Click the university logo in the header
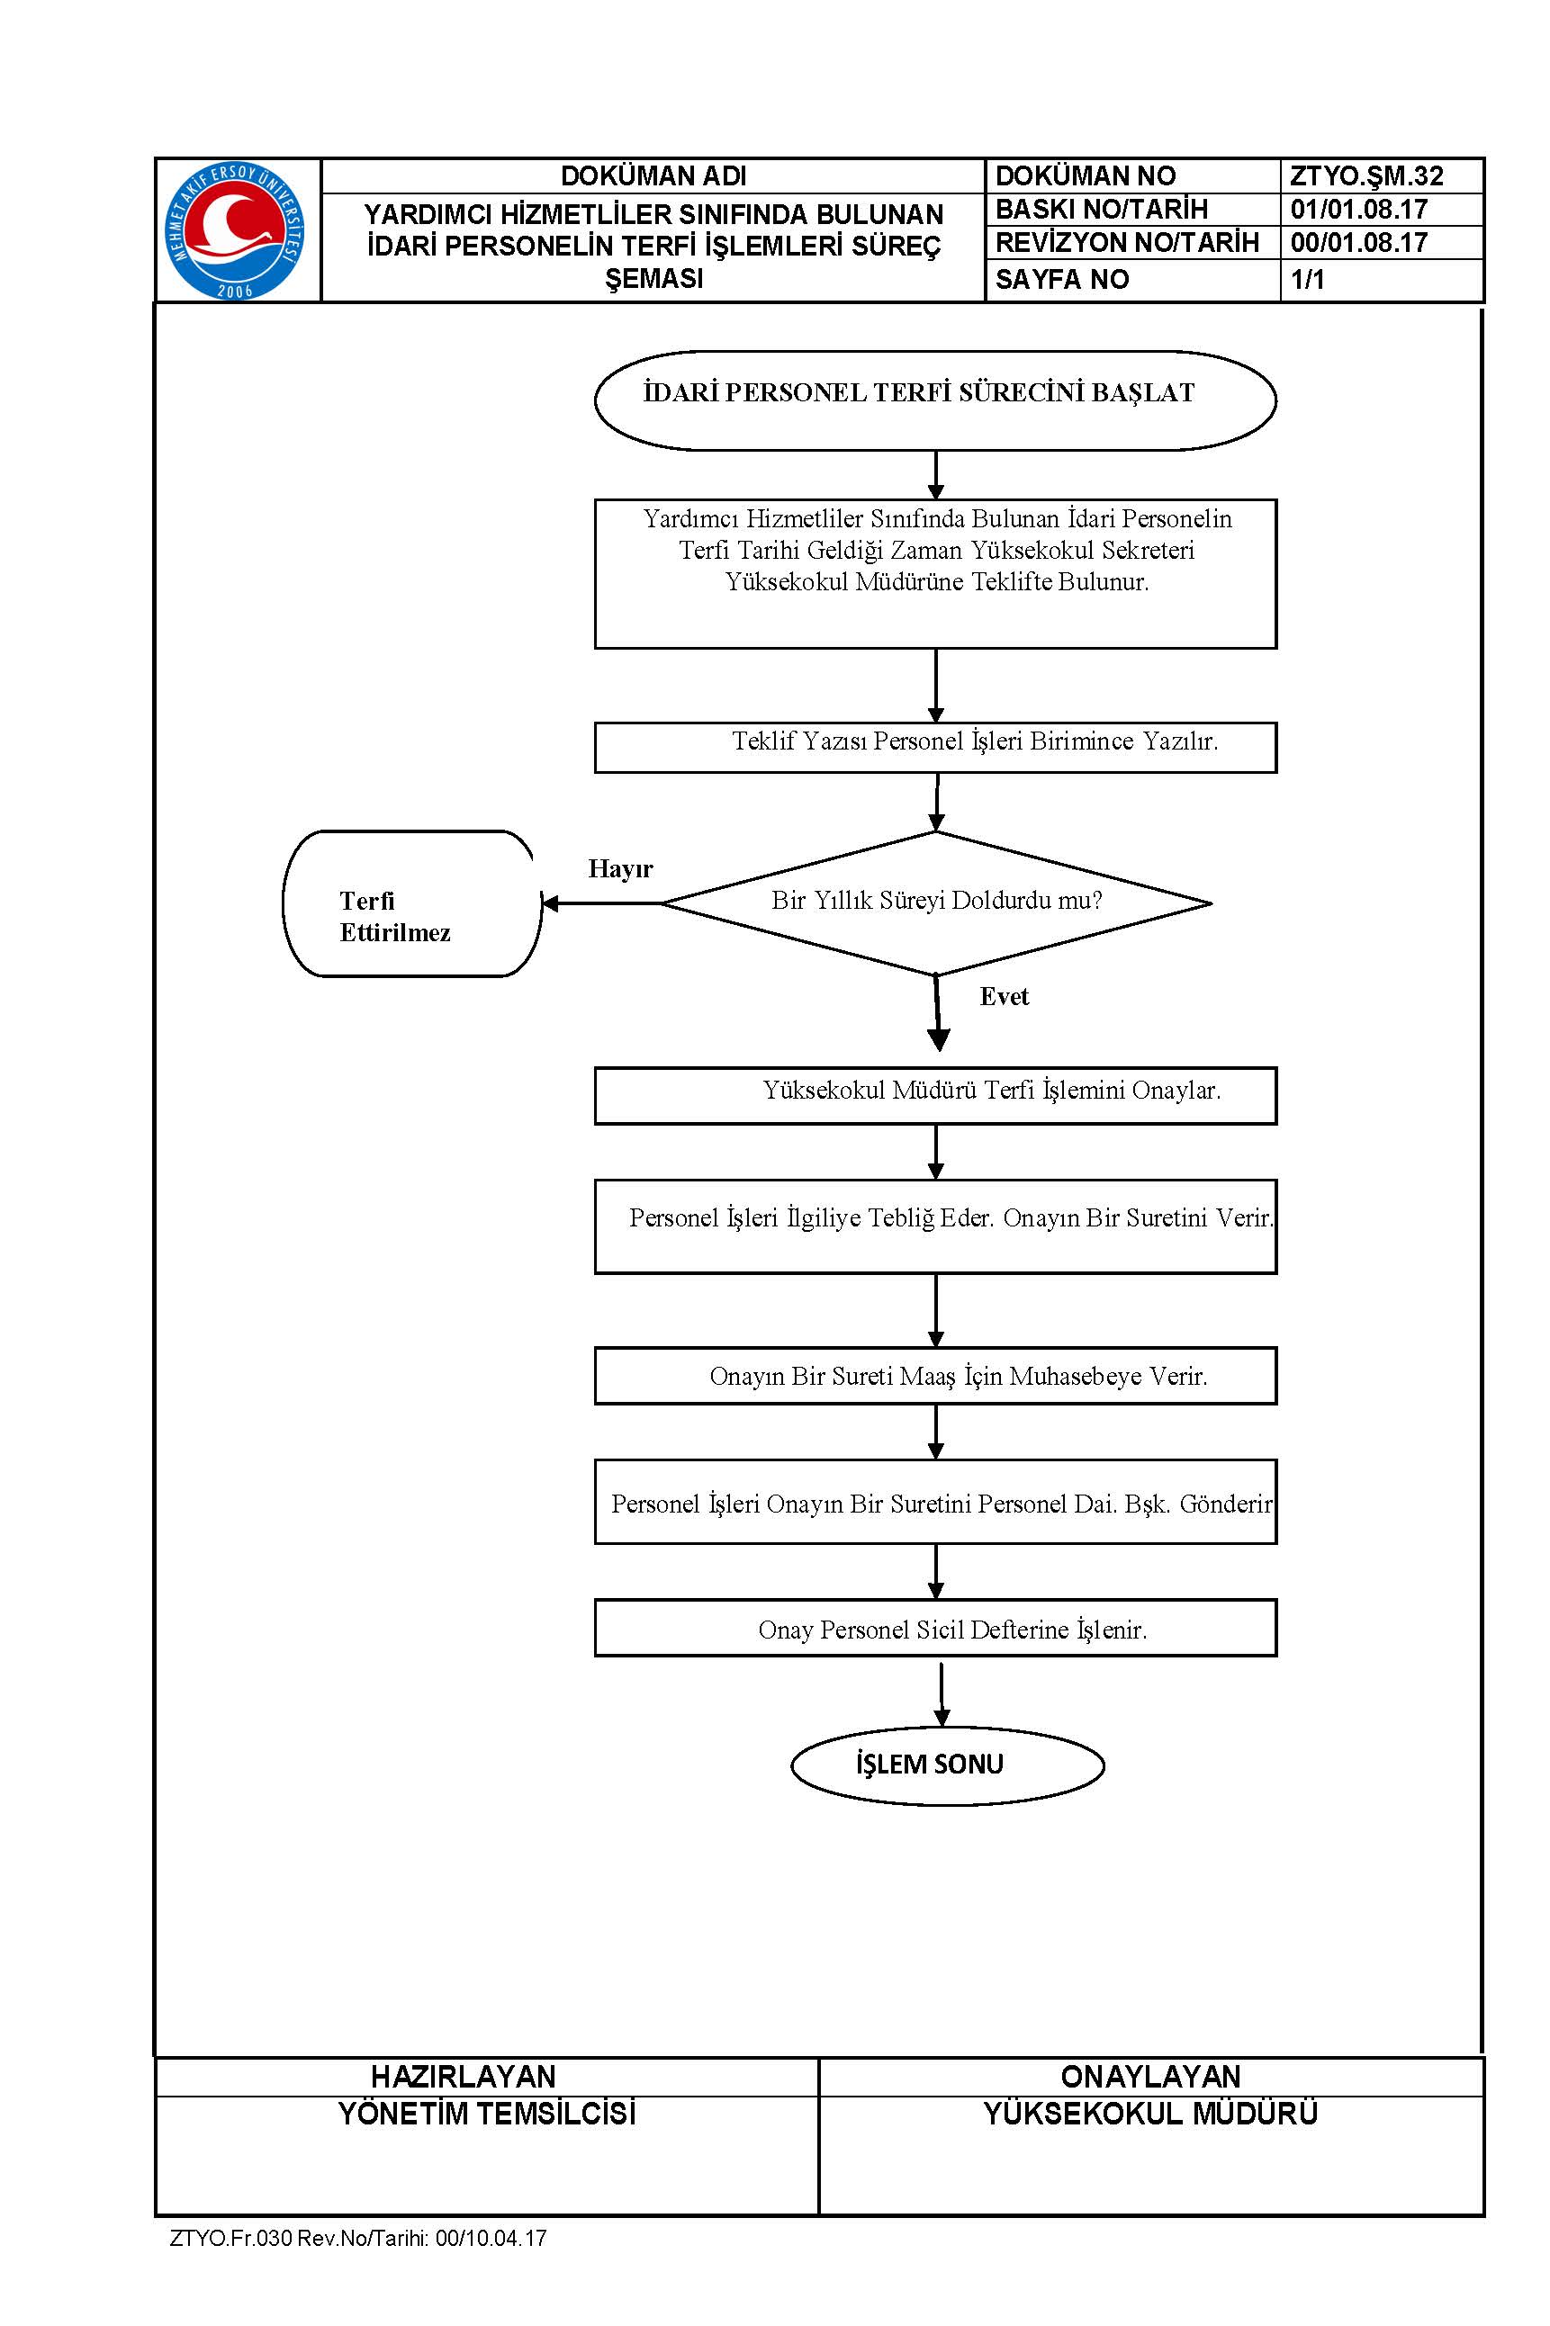(x=235, y=231)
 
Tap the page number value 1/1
(x=1307, y=280)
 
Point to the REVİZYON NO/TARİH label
(x=1127, y=243)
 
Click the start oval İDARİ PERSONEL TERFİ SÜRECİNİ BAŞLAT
(x=935, y=400)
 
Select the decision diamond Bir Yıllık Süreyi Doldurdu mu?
(x=936, y=903)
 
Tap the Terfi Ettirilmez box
(x=412, y=903)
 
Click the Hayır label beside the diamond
(x=621, y=868)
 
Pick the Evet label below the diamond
(x=1005, y=996)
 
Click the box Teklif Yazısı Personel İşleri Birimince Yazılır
(x=935, y=747)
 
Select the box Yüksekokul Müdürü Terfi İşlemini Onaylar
(x=935, y=1095)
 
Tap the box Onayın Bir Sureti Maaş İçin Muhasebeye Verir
(x=935, y=1376)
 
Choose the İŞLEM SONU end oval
(x=947, y=1765)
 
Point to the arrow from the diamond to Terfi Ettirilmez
(x=601, y=903)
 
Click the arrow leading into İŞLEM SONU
(x=942, y=1693)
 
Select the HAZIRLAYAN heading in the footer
(x=463, y=2076)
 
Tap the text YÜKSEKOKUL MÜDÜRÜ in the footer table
(x=1150, y=2114)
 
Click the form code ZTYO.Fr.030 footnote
(x=358, y=2238)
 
